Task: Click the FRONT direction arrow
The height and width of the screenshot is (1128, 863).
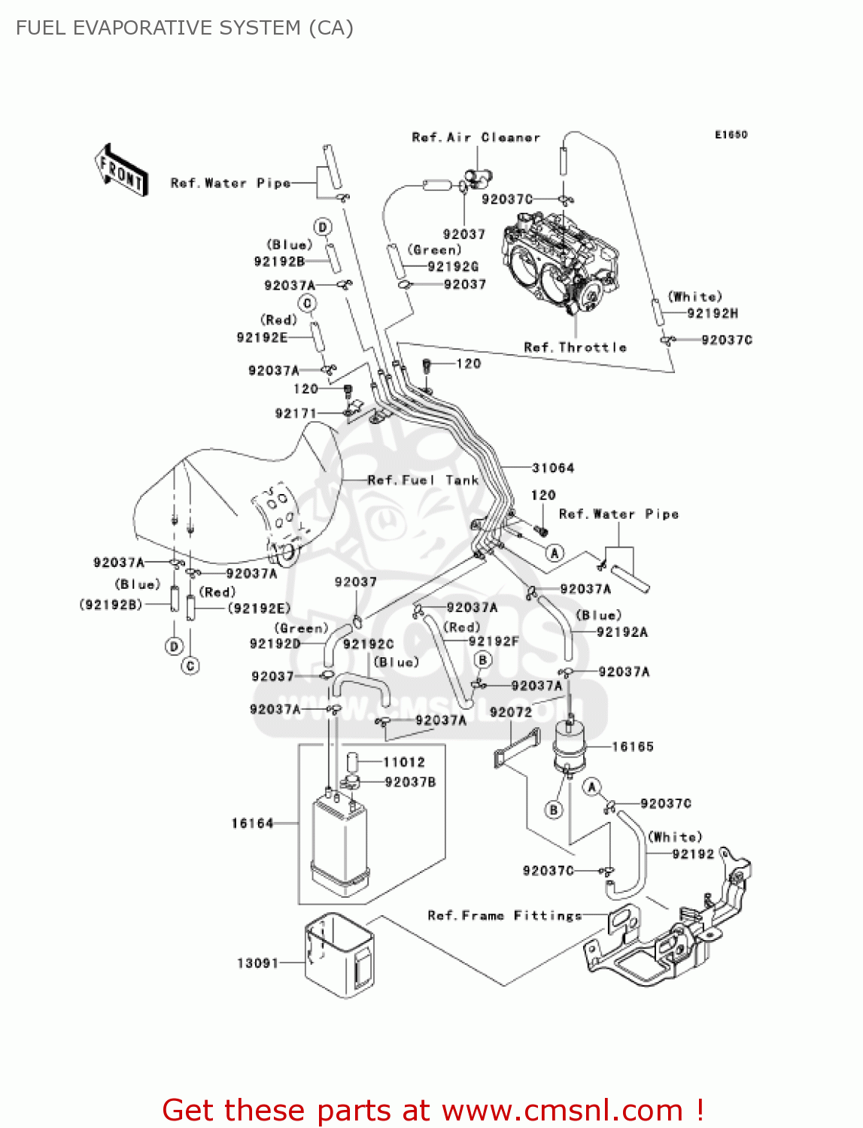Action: [x=121, y=170]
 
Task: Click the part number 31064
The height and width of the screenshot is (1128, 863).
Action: [x=553, y=468]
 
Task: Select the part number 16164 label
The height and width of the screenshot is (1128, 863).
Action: [x=252, y=823]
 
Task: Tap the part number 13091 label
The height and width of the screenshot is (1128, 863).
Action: [x=257, y=963]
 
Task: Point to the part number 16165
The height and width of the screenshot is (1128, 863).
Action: [x=633, y=747]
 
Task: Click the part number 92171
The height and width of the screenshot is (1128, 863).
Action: [x=296, y=413]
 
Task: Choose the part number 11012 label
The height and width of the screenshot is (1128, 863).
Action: [x=404, y=763]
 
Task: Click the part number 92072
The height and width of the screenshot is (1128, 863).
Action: [x=510, y=712]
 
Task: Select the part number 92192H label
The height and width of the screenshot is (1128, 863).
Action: [x=712, y=314]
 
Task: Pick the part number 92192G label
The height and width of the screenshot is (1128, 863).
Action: [x=453, y=267]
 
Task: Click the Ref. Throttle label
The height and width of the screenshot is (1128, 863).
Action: [x=575, y=347]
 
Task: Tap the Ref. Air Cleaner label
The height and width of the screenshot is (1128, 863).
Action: [x=476, y=138]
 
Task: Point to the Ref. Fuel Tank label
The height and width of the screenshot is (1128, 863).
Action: [x=423, y=481]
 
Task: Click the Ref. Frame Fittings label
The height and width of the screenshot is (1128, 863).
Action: [x=505, y=916]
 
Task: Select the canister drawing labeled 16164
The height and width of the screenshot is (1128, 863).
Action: [x=339, y=846]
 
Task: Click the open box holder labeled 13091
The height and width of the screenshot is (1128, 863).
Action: [x=339, y=955]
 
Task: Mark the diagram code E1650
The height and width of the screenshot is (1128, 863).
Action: [x=731, y=135]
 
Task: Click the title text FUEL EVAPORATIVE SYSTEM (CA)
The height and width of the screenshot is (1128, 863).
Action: [x=184, y=28]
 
